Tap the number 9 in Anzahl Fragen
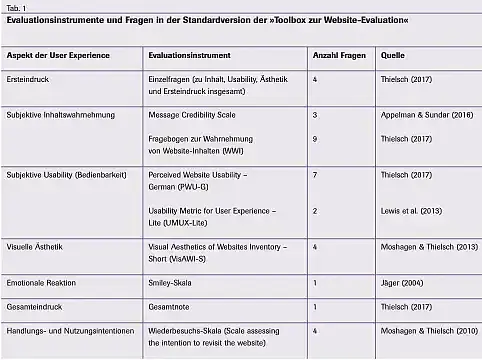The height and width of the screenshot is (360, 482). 315,138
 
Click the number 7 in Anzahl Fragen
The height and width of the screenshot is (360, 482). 315,175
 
